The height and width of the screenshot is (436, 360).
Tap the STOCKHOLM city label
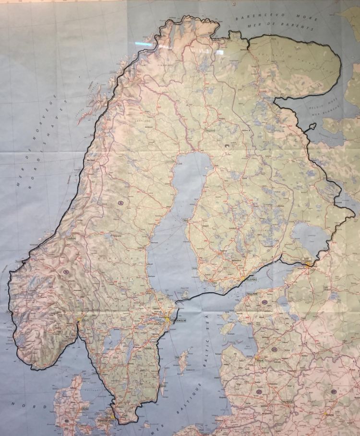[177, 320]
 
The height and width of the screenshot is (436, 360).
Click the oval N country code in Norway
[67, 272]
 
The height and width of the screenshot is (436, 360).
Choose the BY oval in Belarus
[333, 392]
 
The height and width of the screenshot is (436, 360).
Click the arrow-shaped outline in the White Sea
[312, 128]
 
